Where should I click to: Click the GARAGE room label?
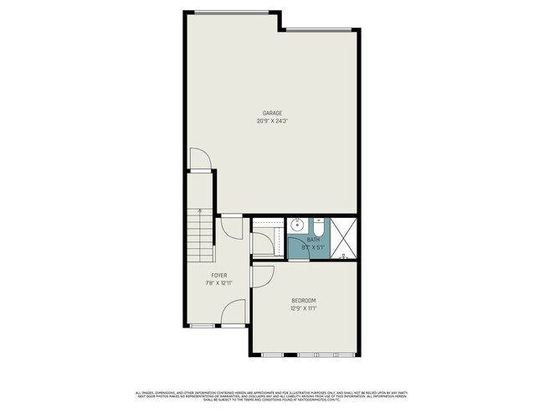point(271,113)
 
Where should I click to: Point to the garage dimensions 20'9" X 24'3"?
point(271,122)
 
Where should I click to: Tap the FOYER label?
point(218,275)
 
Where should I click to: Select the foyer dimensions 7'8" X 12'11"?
point(218,283)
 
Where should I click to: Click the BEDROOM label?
point(304,300)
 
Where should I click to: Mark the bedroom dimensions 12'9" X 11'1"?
point(304,308)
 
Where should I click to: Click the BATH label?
point(312,241)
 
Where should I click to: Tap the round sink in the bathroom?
point(297,225)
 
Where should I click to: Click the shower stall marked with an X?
point(345,236)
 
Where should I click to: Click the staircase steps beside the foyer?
point(200,239)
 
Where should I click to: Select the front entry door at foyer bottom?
point(234,313)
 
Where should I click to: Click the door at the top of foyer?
point(232,227)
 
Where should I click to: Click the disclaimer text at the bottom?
point(272,395)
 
